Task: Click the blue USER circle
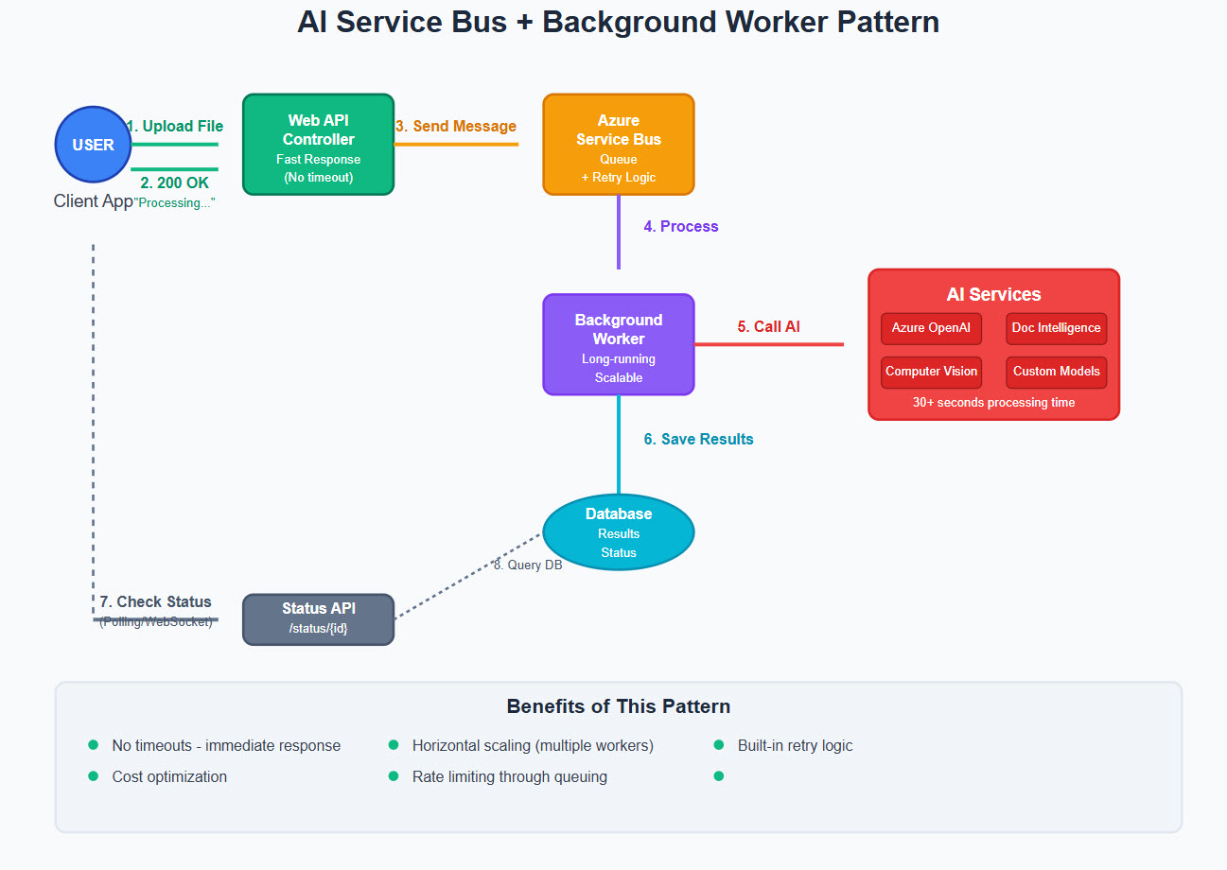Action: click(93, 145)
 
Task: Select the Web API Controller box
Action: click(318, 145)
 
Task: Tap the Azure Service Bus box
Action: click(618, 145)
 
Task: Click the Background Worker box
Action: click(618, 344)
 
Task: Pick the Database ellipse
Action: click(618, 531)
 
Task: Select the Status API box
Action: click(318, 618)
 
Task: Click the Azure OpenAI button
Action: click(931, 328)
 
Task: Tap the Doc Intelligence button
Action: click(1056, 328)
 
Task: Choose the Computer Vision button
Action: click(931, 372)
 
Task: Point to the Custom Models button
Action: click(1056, 372)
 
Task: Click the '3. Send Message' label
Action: click(456, 127)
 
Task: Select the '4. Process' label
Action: click(681, 227)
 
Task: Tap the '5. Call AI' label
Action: click(768, 327)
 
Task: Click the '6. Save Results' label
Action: click(698, 440)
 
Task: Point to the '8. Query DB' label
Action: click(528, 565)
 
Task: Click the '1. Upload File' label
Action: click(175, 127)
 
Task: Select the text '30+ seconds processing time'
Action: click(993, 402)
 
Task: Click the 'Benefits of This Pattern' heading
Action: click(618, 706)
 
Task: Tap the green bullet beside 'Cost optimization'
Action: click(93, 776)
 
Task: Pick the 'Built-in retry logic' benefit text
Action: click(795, 746)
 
